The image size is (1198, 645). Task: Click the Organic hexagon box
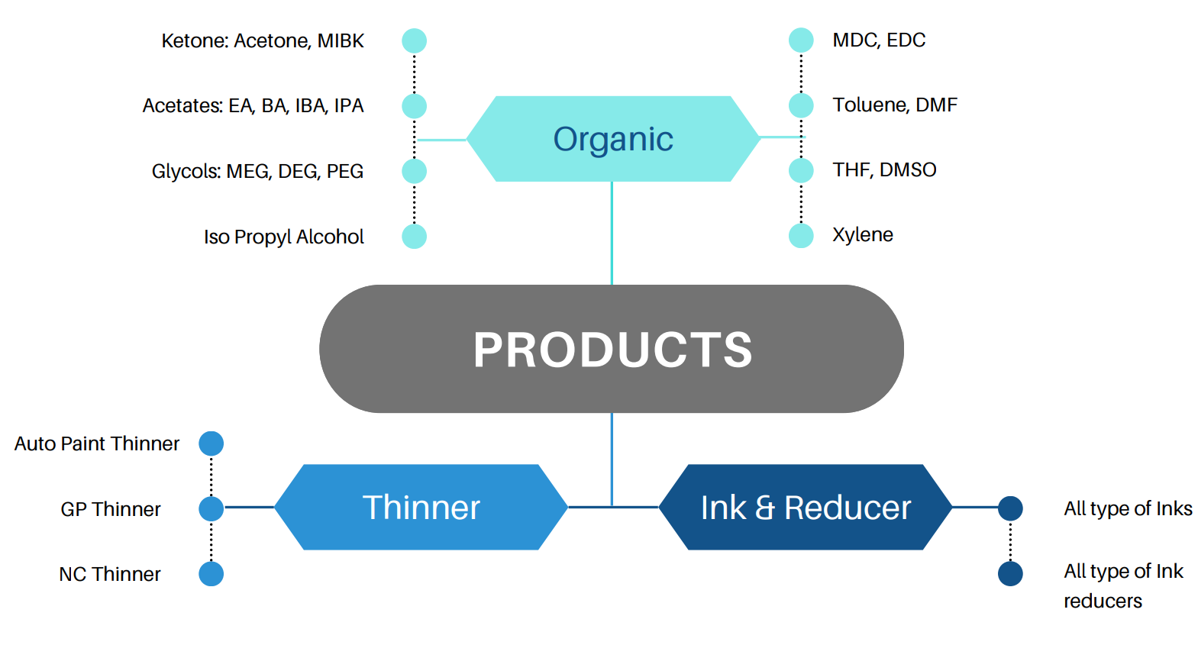pos(613,139)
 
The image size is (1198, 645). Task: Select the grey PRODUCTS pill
pos(612,349)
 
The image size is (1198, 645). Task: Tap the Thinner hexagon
pos(421,508)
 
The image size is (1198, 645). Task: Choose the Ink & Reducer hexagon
pos(806,508)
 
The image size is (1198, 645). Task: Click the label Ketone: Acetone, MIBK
pos(263,40)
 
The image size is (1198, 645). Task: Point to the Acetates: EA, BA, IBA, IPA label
pos(253,105)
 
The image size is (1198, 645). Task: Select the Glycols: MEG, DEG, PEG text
pos(257,171)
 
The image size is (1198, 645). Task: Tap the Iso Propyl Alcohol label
pos(283,237)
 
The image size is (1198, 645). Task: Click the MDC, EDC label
pos(879,40)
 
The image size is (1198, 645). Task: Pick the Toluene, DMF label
pos(895,105)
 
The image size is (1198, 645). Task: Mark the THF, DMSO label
pos(884,169)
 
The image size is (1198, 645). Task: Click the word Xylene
pos(863,234)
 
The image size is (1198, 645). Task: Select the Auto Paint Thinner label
pos(97,443)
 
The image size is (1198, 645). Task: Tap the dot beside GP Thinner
pos(212,508)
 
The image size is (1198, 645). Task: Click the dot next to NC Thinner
pos(212,574)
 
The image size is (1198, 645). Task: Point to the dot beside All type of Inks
pos(1010,508)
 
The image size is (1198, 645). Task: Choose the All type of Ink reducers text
pos(1122,585)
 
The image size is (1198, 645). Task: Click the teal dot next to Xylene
pos(801,235)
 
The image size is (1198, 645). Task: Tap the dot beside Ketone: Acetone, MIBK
pos(415,40)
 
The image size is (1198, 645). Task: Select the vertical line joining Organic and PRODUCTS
pos(612,233)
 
